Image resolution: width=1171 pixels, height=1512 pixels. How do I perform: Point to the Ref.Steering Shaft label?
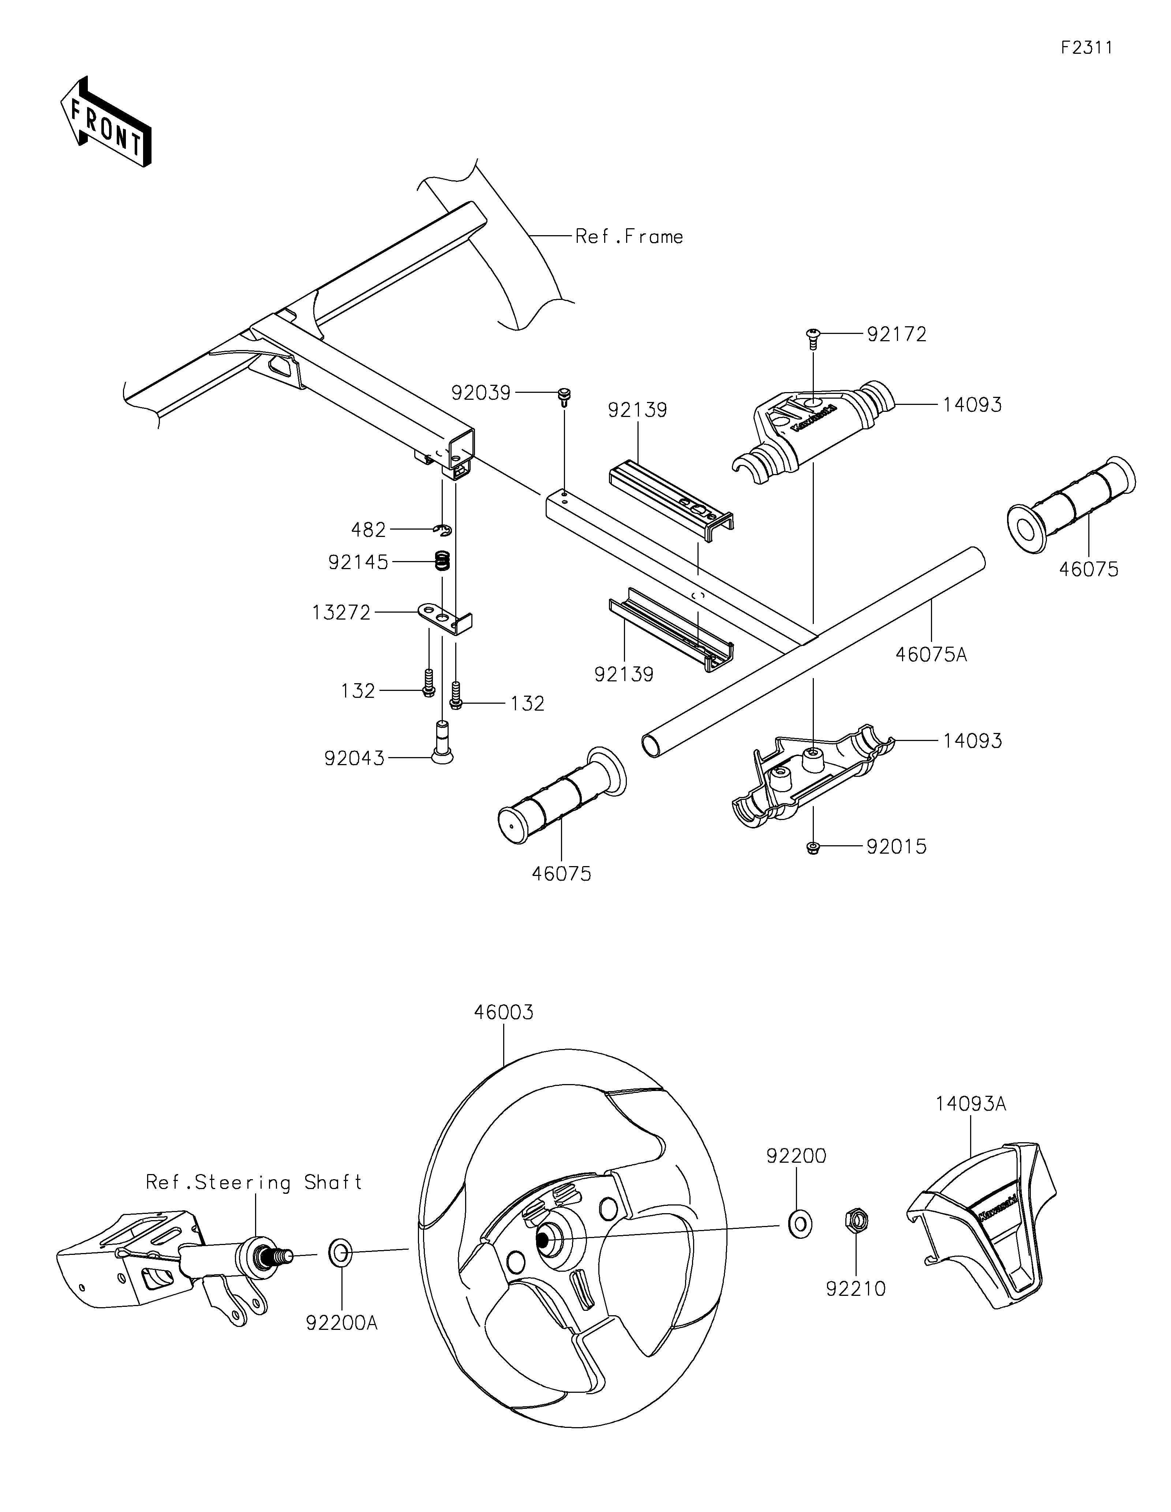(x=254, y=1182)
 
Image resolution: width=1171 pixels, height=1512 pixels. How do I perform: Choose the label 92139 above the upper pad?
(x=637, y=410)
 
